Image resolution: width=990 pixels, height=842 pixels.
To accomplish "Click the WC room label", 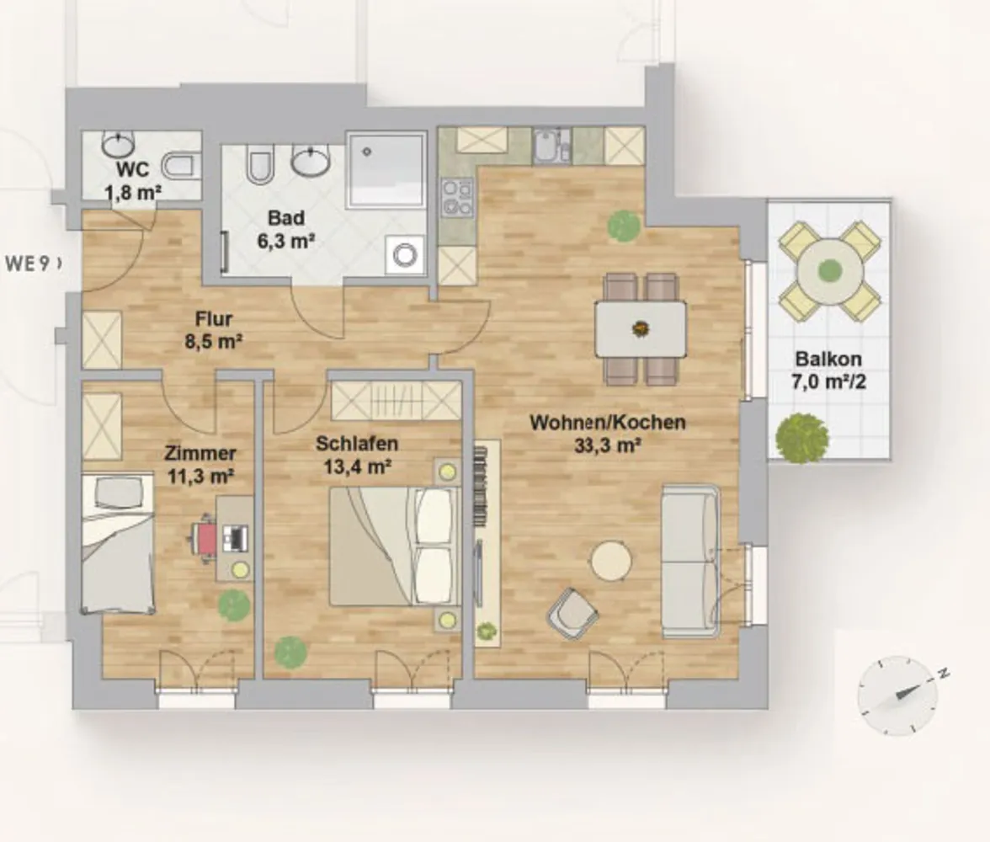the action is point(133,181).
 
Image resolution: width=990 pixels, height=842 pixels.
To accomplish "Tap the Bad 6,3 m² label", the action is point(286,229).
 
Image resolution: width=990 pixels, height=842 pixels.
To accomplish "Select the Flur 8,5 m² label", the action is point(214,330).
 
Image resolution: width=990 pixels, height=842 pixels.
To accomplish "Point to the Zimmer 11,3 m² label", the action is point(200,464).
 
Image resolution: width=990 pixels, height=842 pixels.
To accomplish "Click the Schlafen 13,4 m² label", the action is point(357,455).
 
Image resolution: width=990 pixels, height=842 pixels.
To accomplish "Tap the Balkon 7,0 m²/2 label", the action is point(828,370).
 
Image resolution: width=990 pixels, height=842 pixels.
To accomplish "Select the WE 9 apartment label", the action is point(33,264).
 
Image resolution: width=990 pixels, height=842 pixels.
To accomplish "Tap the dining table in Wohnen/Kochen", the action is point(641,329).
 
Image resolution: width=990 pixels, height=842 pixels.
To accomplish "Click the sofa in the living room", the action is point(690,562).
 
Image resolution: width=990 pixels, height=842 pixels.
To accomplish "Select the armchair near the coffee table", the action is point(572,614).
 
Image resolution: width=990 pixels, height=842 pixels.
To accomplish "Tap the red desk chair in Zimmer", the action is point(205,538).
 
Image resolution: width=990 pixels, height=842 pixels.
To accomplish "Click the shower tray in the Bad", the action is point(386,170).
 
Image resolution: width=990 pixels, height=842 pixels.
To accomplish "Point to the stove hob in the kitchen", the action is point(457,198).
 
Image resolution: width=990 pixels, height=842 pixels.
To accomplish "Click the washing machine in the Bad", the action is point(405,254).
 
